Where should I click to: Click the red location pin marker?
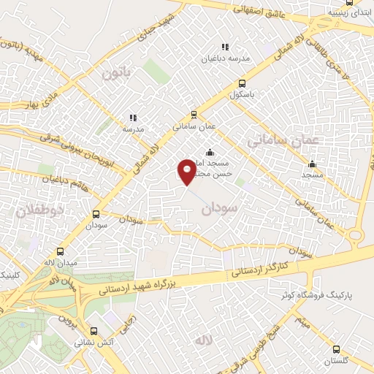click(x=187, y=171)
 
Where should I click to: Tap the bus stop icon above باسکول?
click(x=243, y=83)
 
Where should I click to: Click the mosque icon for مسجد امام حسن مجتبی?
click(x=210, y=153)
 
